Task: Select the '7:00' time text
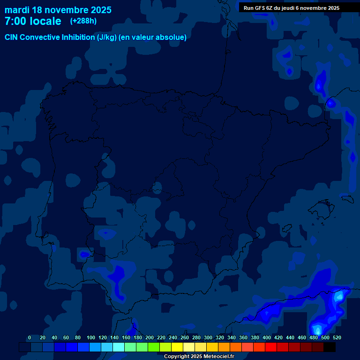point(15,21)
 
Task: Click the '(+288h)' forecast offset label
point(83,21)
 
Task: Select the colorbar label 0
point(30,337)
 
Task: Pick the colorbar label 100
point(91,337)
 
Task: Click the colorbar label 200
point(150,337)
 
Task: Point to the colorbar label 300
point(208,337)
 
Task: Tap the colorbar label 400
point(267,337)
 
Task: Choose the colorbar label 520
point(337,337)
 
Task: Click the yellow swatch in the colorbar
point(177,347)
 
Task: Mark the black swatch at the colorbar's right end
point(329,347)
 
